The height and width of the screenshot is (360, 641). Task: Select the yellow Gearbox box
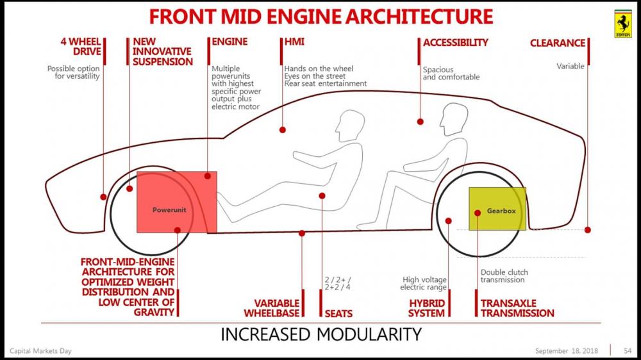pos(497,209)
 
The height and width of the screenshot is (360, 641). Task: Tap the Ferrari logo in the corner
pos(622,24)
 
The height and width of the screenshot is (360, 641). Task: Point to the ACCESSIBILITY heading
pos(456,43)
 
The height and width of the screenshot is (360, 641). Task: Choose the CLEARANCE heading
pos(557,43)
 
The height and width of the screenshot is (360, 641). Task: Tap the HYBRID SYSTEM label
pos(427,308)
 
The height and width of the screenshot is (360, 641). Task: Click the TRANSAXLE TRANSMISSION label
pos(517,308)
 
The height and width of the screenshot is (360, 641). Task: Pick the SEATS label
pos(339,313)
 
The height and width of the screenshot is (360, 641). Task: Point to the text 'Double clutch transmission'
pos(504,276)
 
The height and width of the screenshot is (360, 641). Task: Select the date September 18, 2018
pos(567,350)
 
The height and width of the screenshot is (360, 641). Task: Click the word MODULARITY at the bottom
pos(367,334)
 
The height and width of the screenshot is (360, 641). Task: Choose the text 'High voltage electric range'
pos(424,284)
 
